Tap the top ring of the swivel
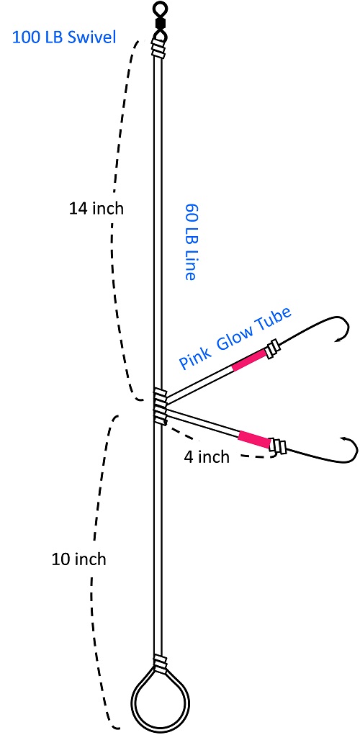(x=160, y=9)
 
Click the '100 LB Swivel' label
(x=64, y=37)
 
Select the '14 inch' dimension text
(x=96, y=209)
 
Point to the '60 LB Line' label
(x=189, y=242)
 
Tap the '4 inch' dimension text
(x=207, y=456)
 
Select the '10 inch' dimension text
(x=79, y=559)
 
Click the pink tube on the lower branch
(x=255, y=440)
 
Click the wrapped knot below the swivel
(x=159, y=48)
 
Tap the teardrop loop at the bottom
(x=161, y=723)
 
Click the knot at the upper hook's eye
(x=273, y=351)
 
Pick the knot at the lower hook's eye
(x=279, y=447)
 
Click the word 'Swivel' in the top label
(x=92, y=37)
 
